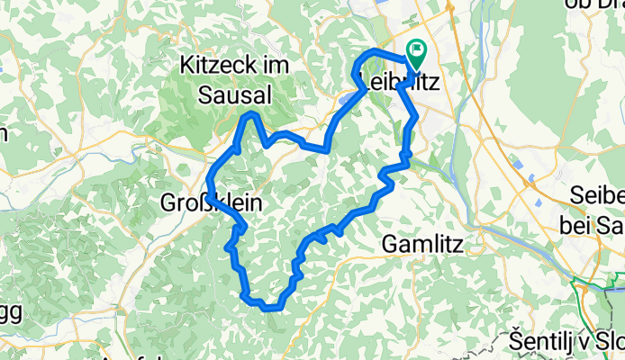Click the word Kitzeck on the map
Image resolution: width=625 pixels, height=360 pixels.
212,65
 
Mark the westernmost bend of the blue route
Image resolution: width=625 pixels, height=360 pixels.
208,190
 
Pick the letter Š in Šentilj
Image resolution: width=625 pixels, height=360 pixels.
515,342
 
